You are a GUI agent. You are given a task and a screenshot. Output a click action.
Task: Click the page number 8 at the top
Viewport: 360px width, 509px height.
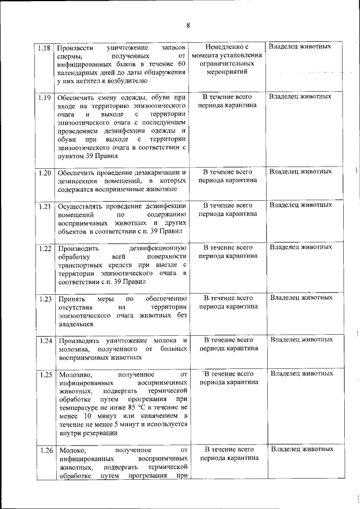click(x=188, y=25)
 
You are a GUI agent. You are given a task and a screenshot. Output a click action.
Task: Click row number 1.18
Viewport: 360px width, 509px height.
click(x=45, y=47)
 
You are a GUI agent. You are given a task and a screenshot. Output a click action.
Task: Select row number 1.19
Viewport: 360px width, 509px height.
click(x=45, y=97)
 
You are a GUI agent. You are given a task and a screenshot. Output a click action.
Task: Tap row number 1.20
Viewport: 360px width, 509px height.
click(x=45, y=172)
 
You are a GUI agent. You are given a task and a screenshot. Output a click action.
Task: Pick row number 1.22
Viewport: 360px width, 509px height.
click(x=45, y=248)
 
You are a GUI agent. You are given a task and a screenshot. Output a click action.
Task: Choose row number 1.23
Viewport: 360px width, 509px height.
click(x=45, y=298)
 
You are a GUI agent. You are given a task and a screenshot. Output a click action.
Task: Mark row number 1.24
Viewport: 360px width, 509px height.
click(x=45, y=340)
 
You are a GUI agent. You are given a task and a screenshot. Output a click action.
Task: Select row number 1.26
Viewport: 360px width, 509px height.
click(x=45, y=450)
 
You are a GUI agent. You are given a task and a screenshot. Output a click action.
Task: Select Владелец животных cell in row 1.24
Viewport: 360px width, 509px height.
click(x=301, y=340)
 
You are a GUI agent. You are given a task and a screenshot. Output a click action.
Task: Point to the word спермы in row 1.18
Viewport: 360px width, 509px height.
click(x=69, y=56)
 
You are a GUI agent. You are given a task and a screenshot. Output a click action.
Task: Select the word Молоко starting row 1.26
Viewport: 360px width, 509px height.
click(x=71, y=450)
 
